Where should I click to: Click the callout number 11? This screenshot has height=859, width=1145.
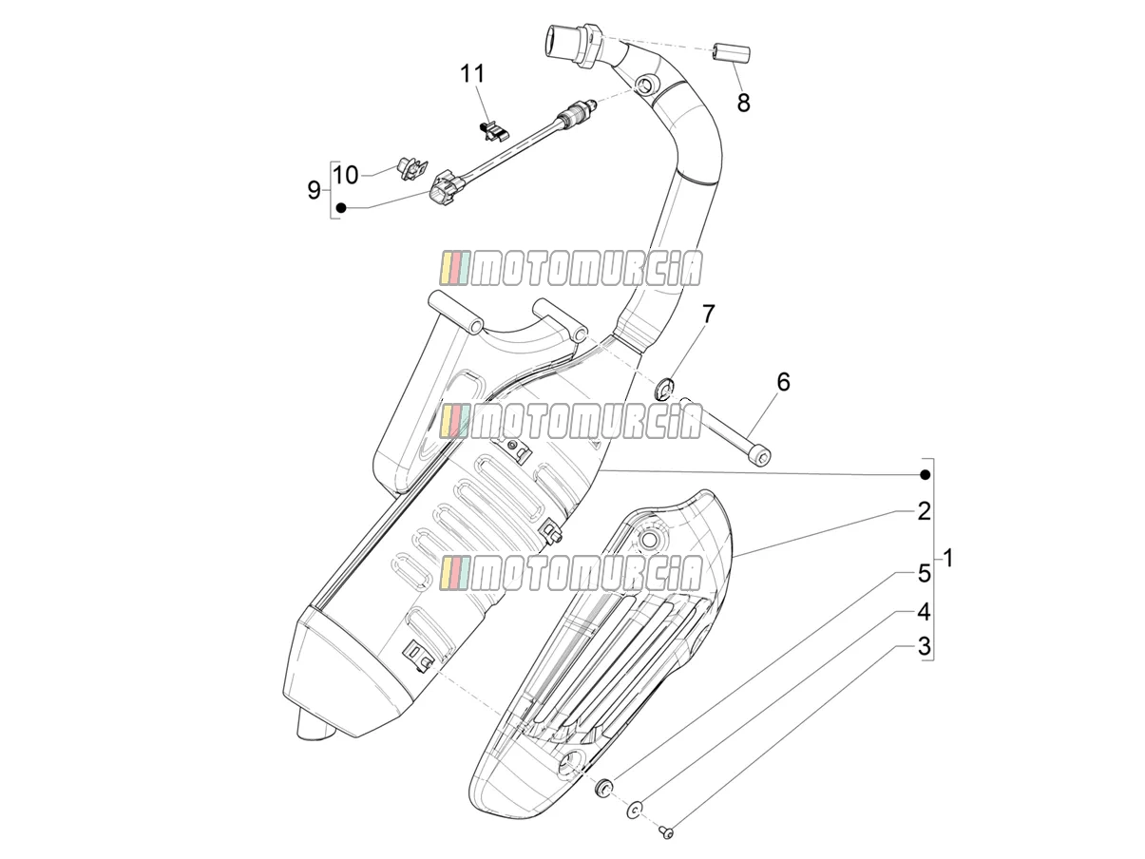coord(472,74)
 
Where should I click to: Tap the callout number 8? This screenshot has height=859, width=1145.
coord(743,103)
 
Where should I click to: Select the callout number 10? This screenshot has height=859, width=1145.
coord(345,175)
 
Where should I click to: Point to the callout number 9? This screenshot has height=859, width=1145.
coord(314,190)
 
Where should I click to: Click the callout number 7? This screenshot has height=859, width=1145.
coord(708,314)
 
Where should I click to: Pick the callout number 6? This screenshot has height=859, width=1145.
coord(784,382)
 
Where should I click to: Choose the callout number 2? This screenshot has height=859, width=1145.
coord(924,511)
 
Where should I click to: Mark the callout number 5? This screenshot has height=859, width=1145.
coord(924,574)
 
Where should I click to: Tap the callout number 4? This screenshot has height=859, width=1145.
coord(924,612)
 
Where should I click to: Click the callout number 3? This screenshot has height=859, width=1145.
coord(924,647)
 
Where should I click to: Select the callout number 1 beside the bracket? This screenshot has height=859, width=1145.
coord(949,559)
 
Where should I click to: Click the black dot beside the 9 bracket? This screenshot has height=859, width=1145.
coord(341,207)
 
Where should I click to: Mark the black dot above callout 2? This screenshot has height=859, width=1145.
coord(925,474)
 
